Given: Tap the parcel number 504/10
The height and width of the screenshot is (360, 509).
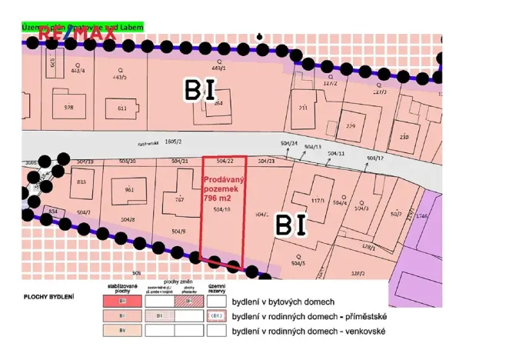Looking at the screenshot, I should [223, 209].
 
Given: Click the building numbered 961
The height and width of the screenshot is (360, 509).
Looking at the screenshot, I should [128, 189].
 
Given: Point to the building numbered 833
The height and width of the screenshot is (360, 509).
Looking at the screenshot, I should [82, 182].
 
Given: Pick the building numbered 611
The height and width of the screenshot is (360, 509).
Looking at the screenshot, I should [121, 108].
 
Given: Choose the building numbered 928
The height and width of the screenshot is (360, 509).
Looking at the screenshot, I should [68, 107].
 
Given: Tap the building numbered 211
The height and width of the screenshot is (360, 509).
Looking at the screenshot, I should [303, 108].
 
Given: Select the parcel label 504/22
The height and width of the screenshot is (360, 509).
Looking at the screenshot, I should [224, 162].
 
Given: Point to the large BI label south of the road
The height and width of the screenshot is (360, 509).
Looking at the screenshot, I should [291, 225].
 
